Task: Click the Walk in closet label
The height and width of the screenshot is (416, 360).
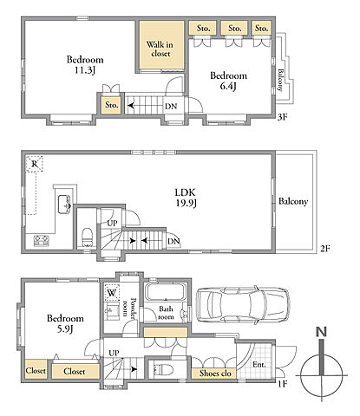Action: pyautogui.click(x=160, y=49)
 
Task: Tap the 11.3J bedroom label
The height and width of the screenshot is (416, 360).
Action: pyautogui.click(x=85, y=65)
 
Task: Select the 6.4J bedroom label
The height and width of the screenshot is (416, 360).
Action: pyautogui.click(x=228, y=81)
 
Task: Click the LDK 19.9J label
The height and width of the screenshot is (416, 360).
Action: pyautogui.click(x=186, y=198)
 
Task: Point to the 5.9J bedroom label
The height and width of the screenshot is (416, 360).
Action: pyautogui.click(x=65, y=323)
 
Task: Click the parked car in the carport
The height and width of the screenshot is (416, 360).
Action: pyautogui.click(x=243, y=305)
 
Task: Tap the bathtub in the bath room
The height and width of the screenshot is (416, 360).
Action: pyautogui.click(x=166, y=293)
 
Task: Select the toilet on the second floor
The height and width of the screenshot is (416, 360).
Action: pyautogui.click(x=87, y=237)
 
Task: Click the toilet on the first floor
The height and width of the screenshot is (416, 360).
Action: pyautogui.click(x=163, y=369)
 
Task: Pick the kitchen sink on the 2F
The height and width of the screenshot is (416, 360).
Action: pyautogui.click(x=64, y=205)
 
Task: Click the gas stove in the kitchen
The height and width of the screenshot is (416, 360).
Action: pyautogui.click(x=42, y=241)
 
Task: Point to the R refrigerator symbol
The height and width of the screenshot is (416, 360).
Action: pyautogui.click(x=35, y=164)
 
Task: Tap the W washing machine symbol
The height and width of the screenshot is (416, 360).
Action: pyautogui.click(x=112, y=293)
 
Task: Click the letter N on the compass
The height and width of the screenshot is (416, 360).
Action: pyautogui.click(x=321, y=332)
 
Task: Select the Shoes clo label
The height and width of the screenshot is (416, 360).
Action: pyautogui.click(x=215, y=374)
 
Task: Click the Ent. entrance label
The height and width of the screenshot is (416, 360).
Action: pyautogui.click(x=259, y=365)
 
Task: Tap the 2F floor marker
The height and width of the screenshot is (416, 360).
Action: pyautogui.click(x=324, y=249)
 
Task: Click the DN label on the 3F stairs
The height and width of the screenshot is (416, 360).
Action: pyautogui.click(x=171, y=106)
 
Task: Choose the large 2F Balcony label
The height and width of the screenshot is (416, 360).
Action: pyautogui.click(x=293, y=201)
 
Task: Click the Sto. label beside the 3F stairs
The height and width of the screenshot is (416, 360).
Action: pyautogui.click(x=112, y=105)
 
